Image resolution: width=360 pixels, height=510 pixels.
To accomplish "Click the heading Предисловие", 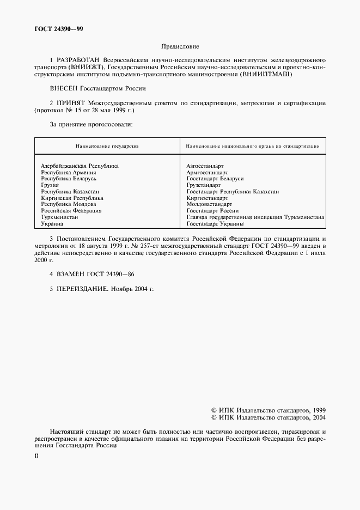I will (x=180, y=47).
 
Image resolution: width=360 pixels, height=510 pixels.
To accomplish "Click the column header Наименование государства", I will (x=107, y=146).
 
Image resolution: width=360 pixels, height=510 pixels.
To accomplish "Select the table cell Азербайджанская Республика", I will (x=80, y=166).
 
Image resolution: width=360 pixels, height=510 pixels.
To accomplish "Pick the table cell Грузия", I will (x=50, y=185).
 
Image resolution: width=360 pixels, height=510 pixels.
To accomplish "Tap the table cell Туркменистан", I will (x=59, y=217).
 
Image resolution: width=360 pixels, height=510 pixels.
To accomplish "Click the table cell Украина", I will (x=52, y=223).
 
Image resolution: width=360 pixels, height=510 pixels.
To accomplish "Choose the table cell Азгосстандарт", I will (x=205, y=166).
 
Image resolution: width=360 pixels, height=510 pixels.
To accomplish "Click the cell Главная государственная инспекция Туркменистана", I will (x=255, y=217).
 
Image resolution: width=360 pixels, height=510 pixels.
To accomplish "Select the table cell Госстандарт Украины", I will (x=215, y=223).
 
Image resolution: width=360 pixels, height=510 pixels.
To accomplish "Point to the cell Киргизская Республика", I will (x=72, y=198).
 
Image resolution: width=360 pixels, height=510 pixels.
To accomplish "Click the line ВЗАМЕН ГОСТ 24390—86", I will (x=91, y=275).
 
